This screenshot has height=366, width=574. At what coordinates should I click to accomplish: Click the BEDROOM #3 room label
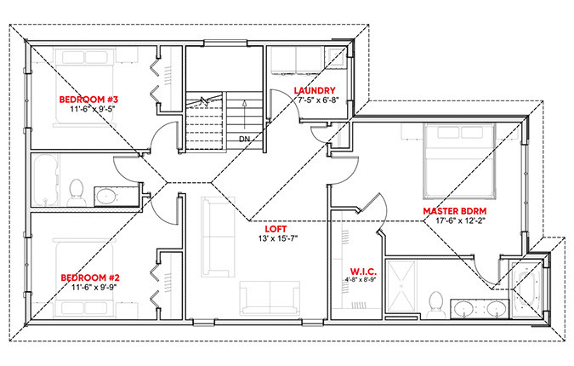88,100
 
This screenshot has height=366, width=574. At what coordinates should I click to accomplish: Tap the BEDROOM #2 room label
90,277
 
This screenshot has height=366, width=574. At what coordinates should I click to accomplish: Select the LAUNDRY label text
315,90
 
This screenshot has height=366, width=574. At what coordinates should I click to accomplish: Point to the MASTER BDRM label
455,211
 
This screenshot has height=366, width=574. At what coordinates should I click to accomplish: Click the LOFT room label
276,229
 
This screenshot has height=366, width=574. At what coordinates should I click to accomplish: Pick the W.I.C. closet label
363,272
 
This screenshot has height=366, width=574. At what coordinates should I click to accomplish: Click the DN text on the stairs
244,140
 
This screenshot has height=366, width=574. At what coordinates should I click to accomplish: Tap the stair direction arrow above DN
245,115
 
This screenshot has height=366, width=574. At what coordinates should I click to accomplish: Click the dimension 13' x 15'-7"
278,238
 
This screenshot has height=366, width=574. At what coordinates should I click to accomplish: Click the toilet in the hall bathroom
77,192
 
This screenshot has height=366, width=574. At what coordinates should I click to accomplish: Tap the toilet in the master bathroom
436,305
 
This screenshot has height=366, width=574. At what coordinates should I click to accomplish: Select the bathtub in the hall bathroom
46,180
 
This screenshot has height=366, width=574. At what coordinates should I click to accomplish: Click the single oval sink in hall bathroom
106,197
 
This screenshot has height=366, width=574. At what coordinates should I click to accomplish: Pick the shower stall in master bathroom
401,286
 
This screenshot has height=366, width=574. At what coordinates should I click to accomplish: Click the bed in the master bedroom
460,161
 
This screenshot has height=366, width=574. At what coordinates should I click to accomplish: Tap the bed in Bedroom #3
85,87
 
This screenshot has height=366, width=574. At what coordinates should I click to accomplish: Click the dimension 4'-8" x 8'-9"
361,280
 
